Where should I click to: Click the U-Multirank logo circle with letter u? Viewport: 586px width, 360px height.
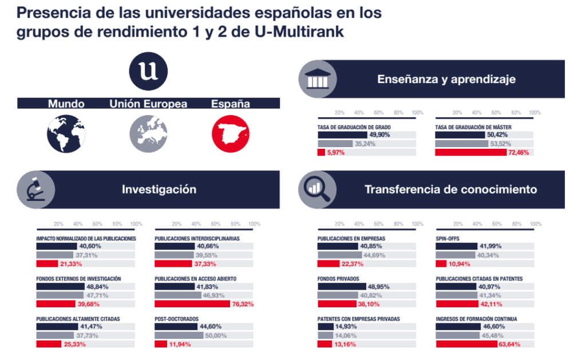click(x=148, y=72)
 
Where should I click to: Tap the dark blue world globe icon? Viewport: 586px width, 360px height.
click(x=66, y=134)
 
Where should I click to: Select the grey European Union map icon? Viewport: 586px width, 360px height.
click(x=148, y=134)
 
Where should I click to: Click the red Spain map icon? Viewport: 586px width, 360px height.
click(x=231, y=134)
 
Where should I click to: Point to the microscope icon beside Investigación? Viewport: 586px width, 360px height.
click(x=36, y=189)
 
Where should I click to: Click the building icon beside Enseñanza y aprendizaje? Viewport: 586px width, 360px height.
click(x=318, y=79)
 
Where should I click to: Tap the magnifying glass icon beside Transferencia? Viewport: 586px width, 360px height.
click(x=317, y=189)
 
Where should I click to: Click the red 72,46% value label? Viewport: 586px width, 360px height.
click(x=518, y=152)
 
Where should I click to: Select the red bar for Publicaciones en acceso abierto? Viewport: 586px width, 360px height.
click(x=192, y=304)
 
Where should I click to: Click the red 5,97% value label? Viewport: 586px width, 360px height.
click(x=335, y=152)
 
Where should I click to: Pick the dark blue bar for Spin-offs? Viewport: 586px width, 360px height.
click(x=457, y=246)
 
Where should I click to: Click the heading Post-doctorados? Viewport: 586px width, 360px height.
click(x=177, y=319)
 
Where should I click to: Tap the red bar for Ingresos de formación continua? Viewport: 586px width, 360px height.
click(x=467, y=344)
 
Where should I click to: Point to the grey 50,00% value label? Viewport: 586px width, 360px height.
click(x=216, y=336)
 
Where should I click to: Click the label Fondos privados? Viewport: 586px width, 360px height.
click(x=338, y=279)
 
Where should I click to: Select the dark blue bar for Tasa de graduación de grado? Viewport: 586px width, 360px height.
click(x=342, y=134)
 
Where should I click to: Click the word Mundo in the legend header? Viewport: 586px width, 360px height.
click(x=66, y=104)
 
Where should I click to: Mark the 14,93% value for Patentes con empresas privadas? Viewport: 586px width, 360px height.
click(x=346, y=326)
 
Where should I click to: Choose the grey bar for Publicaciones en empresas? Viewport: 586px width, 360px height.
click(x=340, y=255)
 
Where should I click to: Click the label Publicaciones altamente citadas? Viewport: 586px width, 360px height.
click(x=78, y=319)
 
